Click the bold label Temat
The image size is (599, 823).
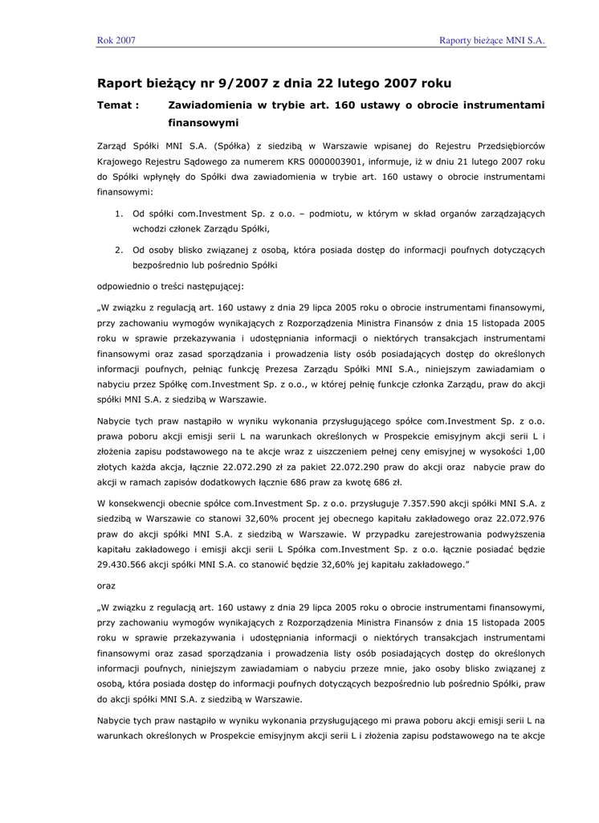click(118, 105)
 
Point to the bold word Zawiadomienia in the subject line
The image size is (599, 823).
click(207, 105)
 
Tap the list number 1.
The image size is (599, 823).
click(117, 213)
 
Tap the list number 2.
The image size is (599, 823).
click(117, 250)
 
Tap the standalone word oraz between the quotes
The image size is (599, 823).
click(106, 586)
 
